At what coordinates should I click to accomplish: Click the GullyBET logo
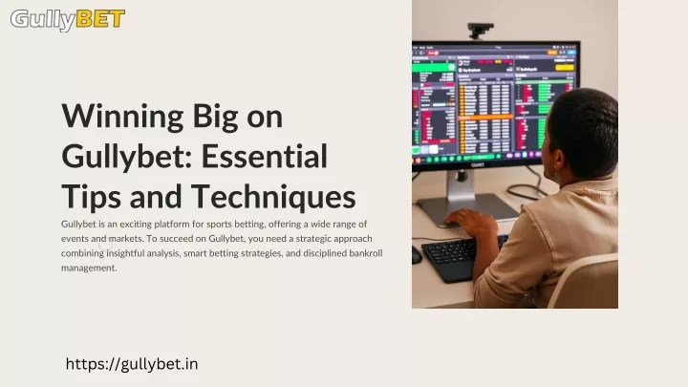tap(68, 20)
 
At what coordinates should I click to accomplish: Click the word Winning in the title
tap(123, 118)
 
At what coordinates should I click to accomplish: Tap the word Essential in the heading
tap(264, 156)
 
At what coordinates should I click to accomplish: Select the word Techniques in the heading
tap(273, 197)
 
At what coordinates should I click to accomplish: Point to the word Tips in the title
tap(92, 198)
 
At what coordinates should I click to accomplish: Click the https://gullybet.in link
tap(132, 364)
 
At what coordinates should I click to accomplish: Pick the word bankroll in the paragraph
tap(365, 253)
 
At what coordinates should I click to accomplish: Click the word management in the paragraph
tap(89, 269)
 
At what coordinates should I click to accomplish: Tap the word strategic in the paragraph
tap(313, 239)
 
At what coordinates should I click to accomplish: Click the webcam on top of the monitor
tap(480, 31)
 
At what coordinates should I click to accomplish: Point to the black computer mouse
tap(417, 255)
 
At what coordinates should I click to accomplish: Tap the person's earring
tap(557, 177)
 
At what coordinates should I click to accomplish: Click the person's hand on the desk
tap(472, 223)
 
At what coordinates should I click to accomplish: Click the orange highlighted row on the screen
tap(485, 118)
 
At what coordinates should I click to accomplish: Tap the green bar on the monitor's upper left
tap(434, 67)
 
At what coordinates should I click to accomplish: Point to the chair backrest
tap(584, 282)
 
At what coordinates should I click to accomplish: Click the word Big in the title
tap(215, 118)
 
